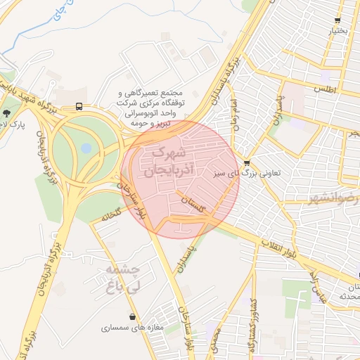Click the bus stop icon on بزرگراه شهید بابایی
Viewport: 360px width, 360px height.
78,107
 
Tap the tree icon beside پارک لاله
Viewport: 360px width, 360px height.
7,112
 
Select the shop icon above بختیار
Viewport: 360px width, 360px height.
338,20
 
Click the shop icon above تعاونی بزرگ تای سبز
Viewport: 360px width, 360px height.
246,163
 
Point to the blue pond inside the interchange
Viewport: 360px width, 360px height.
86,148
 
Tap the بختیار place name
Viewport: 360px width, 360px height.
337,32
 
